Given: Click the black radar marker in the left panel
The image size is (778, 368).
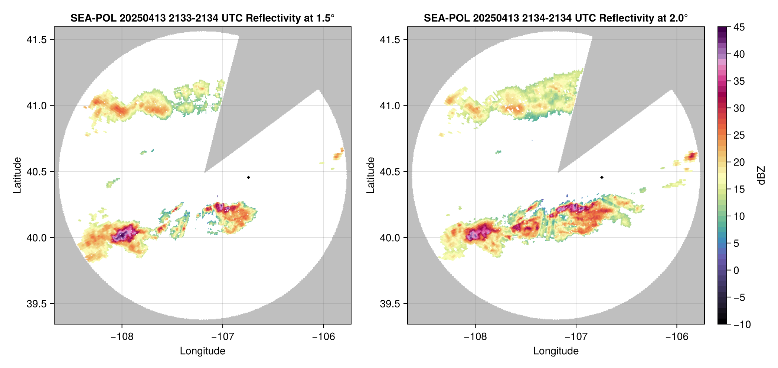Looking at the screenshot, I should click(x=248, y=177).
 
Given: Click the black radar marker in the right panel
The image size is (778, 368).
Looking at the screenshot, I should click(x=602, y=177).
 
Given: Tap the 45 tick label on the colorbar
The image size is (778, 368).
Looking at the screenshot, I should click(x=739, y=27).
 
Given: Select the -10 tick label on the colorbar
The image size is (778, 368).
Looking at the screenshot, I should click(x=742, y=325).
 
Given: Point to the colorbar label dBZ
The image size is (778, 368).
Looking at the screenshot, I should click(x=761, y=175).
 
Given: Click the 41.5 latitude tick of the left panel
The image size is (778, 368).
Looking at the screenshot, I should click(x=36, y=40).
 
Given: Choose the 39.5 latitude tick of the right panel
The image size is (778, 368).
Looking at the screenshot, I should click(x=390, y=304).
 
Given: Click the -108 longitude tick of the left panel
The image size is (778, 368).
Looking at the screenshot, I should click(x=122, y=337).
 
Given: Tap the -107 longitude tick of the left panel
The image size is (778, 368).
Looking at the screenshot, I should click(x=223, y=337).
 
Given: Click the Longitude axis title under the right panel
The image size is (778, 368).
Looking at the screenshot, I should click(x=556, y=351).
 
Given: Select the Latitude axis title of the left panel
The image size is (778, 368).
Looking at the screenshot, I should click(x=17, y=175).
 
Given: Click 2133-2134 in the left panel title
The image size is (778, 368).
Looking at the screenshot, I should click(x=193, y=18).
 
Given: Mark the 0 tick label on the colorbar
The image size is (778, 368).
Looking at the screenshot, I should click(x=736, y=271).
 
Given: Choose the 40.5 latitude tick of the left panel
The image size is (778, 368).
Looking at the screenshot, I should click(x=36, y=172).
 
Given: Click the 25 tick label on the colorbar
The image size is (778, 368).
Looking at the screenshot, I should click(x=739, y=135).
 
